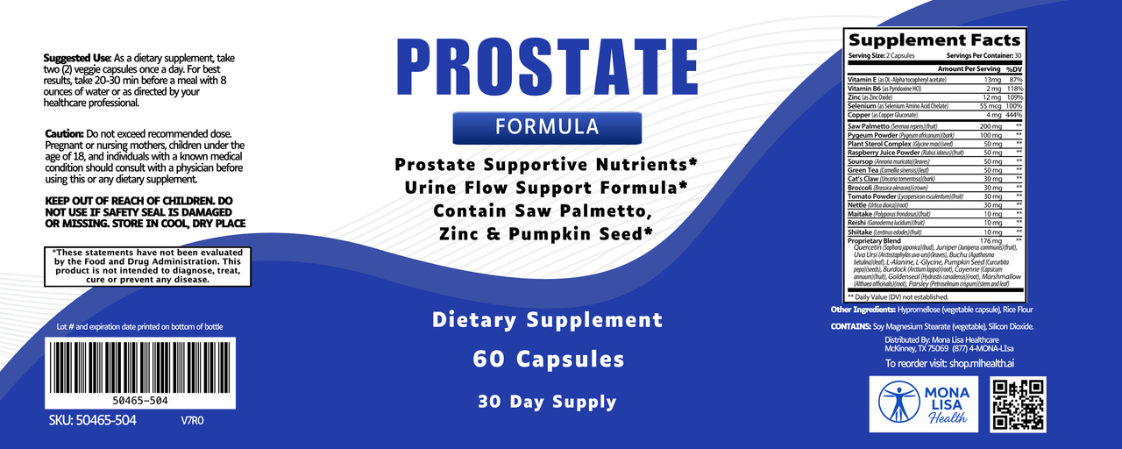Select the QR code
1018,405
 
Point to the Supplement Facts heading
934,40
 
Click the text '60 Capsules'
548,359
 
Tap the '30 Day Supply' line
547,402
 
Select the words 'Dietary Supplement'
548,319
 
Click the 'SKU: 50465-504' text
93,420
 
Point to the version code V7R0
192,420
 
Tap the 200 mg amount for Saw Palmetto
987,126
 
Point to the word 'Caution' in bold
64,133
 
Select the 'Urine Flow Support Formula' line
545,188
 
